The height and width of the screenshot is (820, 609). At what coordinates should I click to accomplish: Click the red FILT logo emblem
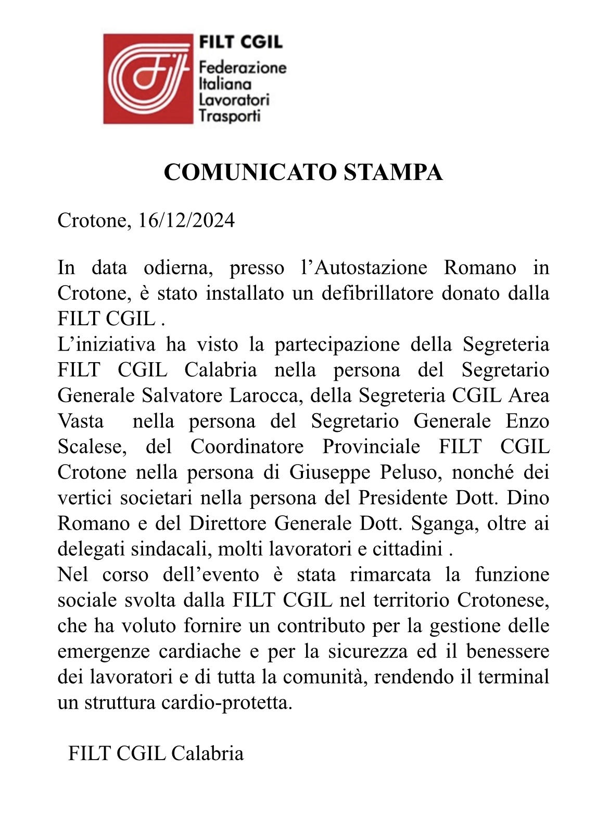click(148, 79)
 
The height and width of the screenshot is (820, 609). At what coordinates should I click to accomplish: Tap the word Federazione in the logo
click(243, 67)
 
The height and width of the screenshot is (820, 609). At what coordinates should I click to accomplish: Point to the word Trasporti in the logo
click(230, 115)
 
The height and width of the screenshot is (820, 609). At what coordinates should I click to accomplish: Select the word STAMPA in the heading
click(393, 172)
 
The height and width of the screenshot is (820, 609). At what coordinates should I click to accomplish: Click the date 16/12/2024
click(186, 221)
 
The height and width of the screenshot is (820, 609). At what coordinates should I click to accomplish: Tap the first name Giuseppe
click(330, 472)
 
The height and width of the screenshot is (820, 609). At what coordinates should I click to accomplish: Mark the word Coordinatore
click(247, 446)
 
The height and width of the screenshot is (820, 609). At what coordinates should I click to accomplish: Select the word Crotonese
click(503, 600)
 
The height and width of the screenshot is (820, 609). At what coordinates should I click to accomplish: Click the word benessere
click(508, 651)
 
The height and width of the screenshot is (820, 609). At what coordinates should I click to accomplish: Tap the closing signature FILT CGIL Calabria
click(156, 753)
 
